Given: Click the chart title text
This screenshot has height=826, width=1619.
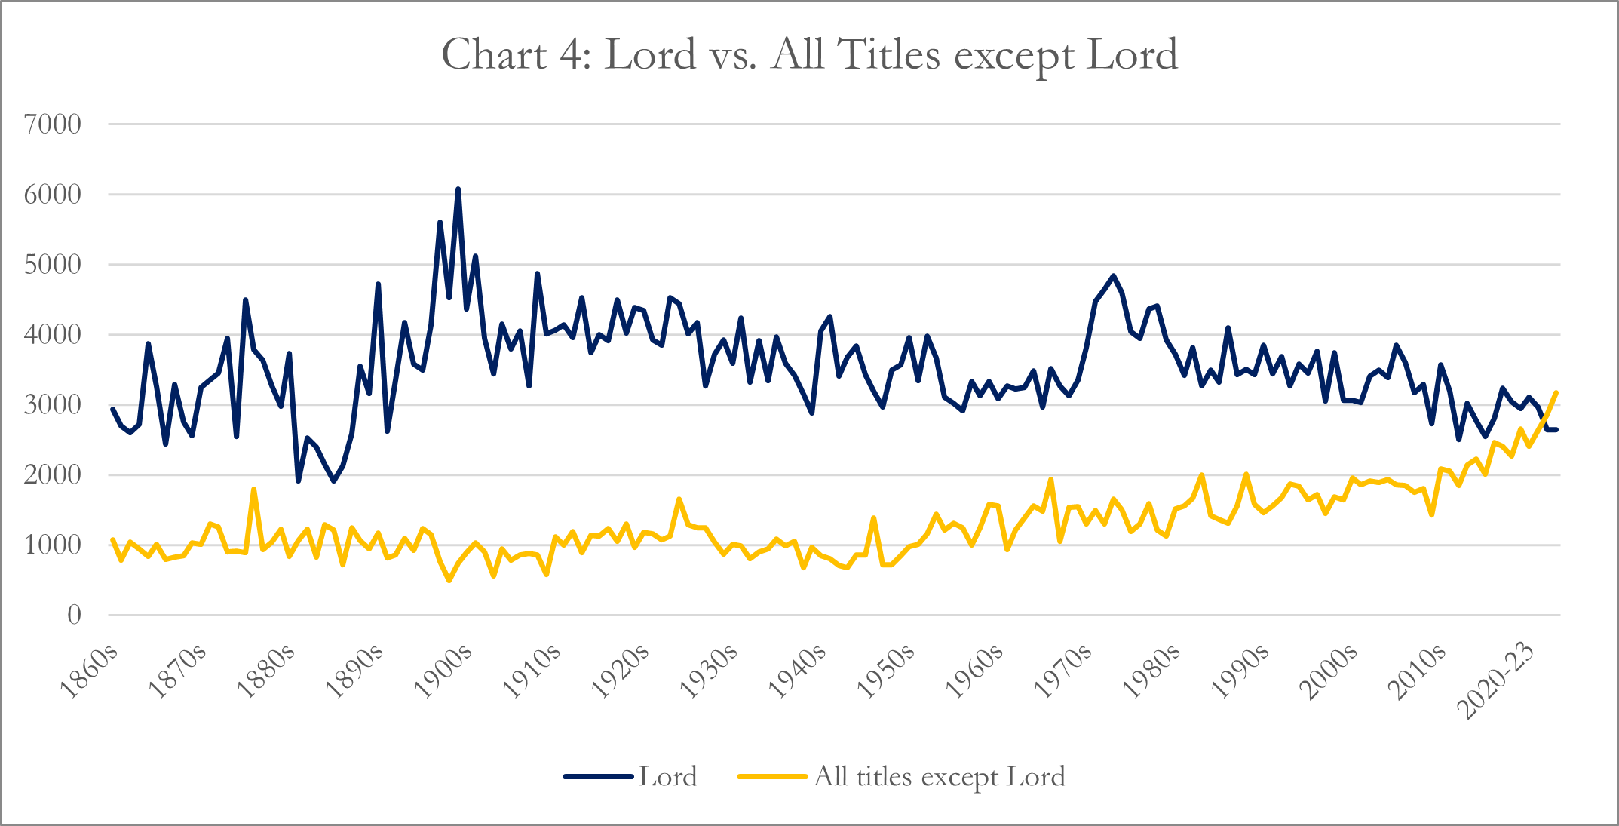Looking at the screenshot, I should tap(809, 55).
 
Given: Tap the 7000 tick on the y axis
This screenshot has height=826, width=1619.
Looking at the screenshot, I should tap(52, 124).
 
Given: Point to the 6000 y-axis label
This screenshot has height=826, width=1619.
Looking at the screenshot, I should tap(52, 194).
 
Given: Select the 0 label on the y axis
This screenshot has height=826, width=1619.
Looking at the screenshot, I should tap(74, 615).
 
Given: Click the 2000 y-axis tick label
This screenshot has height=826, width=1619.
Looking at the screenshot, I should tap(52, 474).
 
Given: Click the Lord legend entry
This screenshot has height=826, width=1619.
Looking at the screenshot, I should tap(667, 776).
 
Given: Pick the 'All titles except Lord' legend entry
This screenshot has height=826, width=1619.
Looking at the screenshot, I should tap(939, 776).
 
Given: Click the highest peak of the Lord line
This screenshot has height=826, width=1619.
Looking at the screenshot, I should tap(458, 189).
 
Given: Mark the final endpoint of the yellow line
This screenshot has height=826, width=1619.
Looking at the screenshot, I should tap(1556, 392).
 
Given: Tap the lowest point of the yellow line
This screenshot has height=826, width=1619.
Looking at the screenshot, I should tap(449, 580).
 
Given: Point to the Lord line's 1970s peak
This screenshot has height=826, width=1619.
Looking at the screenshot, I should tap(1113, 276).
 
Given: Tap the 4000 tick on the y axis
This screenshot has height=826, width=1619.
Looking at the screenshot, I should tap(52, 334).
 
